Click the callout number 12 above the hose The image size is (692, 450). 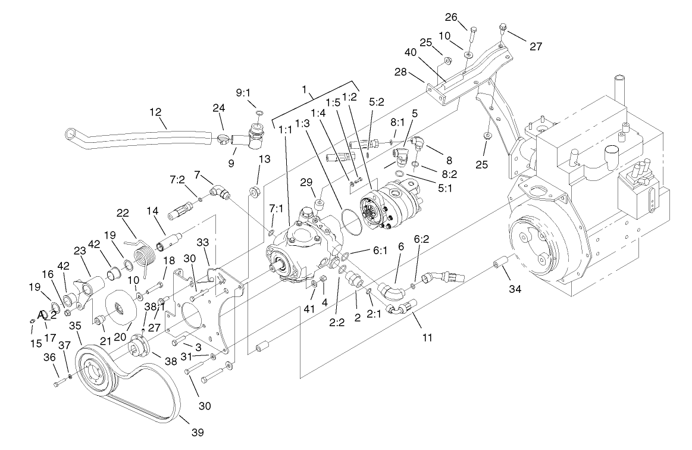[x=156, y=112]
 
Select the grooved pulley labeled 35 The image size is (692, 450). [x=95, y=374]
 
